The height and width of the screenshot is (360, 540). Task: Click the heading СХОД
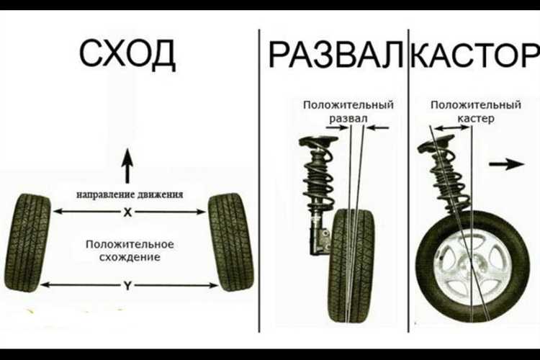pos(127,54)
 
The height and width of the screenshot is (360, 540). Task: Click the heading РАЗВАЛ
pos(336,54)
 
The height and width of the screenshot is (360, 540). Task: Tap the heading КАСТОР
pos(475,54)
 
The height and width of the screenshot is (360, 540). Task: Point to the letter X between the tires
pos(127,212)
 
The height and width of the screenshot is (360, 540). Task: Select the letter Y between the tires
pos(127,286)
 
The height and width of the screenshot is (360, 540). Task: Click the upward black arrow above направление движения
pos(127,166)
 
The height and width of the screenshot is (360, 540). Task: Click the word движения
pos(160,194)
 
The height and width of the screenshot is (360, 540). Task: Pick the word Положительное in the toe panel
pos(130,244)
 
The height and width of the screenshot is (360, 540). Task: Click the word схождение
pos(130,257)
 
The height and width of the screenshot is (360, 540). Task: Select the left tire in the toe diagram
pos(27,243)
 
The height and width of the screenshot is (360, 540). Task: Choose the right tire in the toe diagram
pos(230,242)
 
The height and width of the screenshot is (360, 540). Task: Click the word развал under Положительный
pos(348,118)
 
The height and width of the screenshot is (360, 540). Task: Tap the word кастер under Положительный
pos(476,119)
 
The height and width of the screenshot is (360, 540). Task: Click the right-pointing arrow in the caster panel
pos(507,164)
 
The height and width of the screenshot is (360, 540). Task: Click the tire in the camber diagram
pos(351,266)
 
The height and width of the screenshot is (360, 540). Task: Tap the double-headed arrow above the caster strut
pos(451,128)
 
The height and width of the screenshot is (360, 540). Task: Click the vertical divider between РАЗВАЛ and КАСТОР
pos(408,181)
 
